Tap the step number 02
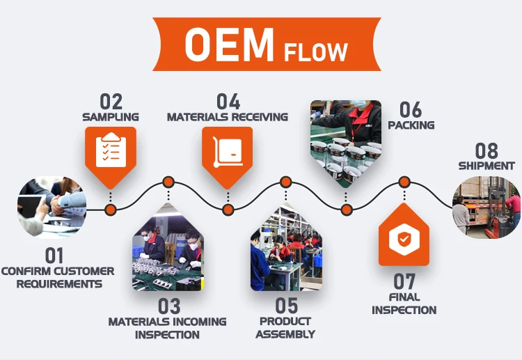click(111, 102)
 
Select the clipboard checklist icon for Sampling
click(111, 148)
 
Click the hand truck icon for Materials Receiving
click(227, 148)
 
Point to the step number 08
click(487, 150)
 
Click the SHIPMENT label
click(487, 166)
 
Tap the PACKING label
click(411, 125)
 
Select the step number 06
click(411, 109)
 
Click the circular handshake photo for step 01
click(51, 208)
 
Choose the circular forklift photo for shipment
click(487, 207)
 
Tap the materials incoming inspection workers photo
click(168, 247)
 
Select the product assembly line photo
click(285, 247)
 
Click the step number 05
click(285, 306)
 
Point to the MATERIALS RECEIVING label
click(227, 117)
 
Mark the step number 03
click(168, 306)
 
